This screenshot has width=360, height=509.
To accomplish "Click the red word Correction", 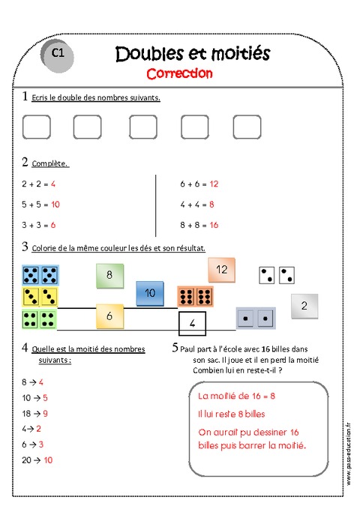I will pos(179,73).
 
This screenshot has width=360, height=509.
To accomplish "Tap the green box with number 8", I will pos(109,275).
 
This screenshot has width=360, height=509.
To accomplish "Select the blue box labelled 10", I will pos(150,293).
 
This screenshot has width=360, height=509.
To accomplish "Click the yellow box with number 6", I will pos(109,316).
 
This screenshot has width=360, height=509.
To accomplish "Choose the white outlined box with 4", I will pos(193,324).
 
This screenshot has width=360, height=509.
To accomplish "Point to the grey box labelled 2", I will pos(304,305).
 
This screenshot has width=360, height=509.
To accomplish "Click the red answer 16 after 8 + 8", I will pos(214,224).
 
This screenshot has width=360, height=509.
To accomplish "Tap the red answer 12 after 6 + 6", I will pos(214,183).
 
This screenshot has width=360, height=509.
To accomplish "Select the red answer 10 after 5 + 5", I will pos(55,204).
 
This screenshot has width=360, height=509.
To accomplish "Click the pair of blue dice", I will pos(41,275).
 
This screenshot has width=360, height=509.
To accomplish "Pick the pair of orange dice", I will pos(195,297).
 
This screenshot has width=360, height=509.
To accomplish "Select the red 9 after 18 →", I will pos(46,413).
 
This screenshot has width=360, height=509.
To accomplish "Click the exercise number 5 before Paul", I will pos(175,348).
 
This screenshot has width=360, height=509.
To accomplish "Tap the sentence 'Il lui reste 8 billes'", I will pos(231,414).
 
